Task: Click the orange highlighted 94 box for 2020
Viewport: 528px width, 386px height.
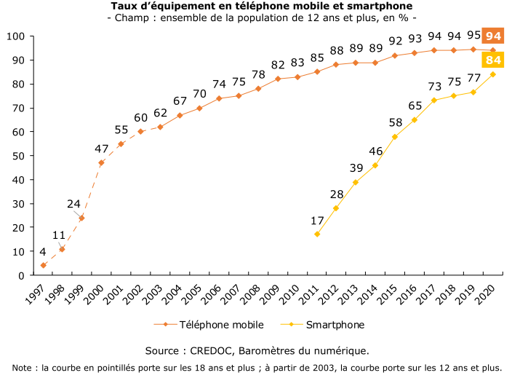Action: tap(494, 36)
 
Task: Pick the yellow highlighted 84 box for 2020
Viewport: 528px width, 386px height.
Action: tap(494, 60)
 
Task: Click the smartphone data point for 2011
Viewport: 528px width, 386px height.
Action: tap(317, 235)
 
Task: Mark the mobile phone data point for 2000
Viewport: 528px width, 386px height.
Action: tap(101, 162)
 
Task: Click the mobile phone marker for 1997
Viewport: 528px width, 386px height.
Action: tap(43, 266)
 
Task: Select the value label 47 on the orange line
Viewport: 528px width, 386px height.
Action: tap(101, 149)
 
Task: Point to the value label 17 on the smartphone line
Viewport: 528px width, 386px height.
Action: tap(317, 220)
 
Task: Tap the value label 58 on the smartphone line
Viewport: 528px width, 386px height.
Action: tap(396, 122)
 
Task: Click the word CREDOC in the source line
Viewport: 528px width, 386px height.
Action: tap(209, 350)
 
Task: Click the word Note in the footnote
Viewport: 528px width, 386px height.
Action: tap(24, 368)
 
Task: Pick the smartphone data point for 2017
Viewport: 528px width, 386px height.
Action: tap(434, 101)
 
